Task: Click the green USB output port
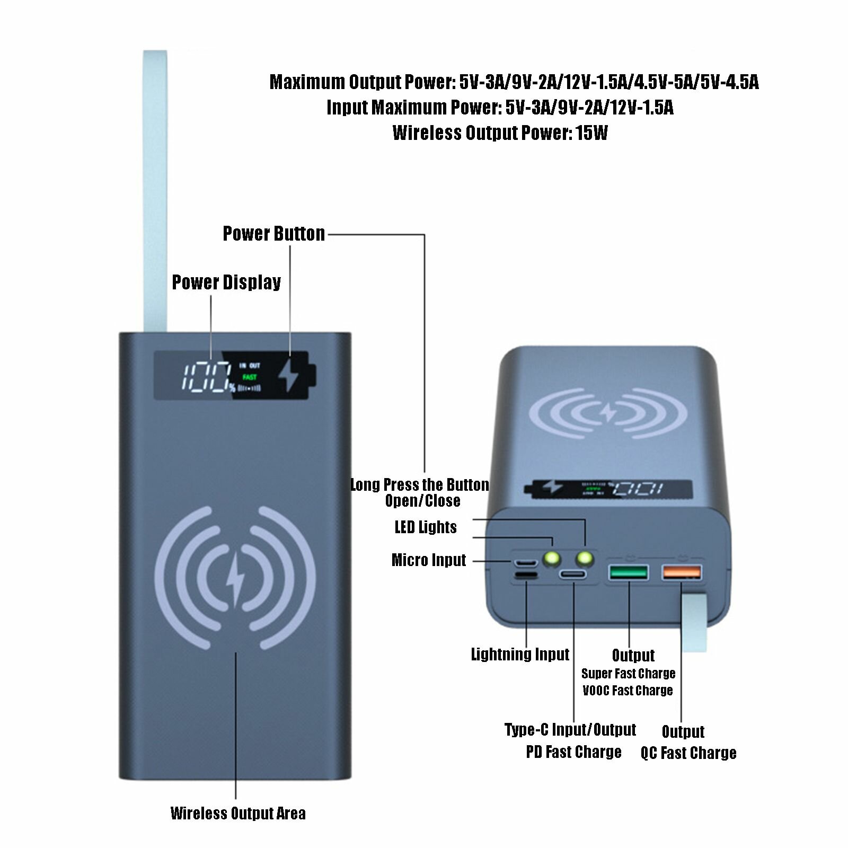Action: (x=629, y=572)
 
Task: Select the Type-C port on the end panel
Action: (x=574, y=575)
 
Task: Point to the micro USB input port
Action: (x=524, y=561)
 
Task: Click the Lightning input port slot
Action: (x=525, y=576)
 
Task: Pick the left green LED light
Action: (x=551, y=558)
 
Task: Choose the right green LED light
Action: (x=585, y=558)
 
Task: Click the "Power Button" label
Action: (x=273, y=234)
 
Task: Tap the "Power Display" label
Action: (x=226, y=282)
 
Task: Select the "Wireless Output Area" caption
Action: (x=238, y=814)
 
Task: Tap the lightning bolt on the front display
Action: (x=290, y=375)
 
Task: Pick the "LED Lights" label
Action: (x=426, y=527)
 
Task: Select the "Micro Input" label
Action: (x=429, y=560)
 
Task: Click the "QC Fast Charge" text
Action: (x=688, y=753)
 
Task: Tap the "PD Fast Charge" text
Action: (x=573, y=752)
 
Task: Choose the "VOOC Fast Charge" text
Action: (x=628, y=691)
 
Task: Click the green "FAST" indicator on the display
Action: (x=249, y=377)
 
